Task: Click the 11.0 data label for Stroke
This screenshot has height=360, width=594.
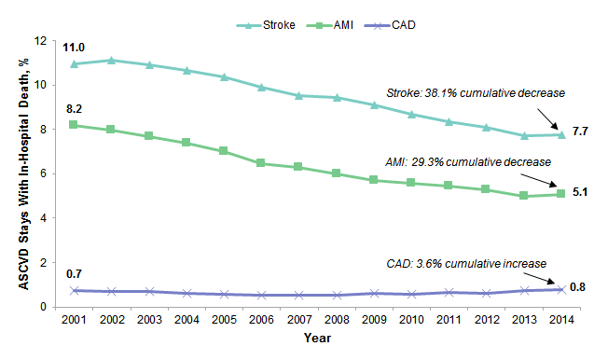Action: point(74,47)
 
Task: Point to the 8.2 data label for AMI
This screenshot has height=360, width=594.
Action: point(74,109)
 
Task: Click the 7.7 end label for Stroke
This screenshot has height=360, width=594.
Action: point(579,132)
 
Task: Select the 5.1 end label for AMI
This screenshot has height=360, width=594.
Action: point(579,192)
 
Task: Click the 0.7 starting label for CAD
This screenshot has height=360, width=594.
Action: point(74,274)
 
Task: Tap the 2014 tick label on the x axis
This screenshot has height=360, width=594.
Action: point(559,322)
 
